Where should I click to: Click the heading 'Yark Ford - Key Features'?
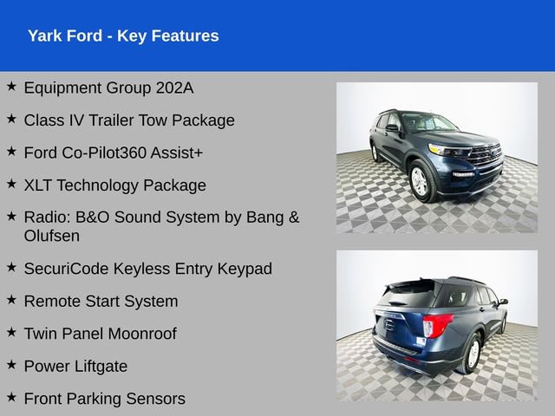click(123, 36)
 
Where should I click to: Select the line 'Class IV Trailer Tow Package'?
click(129, 120)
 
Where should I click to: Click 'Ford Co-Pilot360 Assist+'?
click(114, 153)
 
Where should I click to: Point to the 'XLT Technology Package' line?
click(115, 185)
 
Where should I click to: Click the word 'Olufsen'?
click(52, 236)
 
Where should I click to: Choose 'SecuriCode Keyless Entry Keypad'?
click(148, 269)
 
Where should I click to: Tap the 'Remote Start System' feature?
click(101, 302)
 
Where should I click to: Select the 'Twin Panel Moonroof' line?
click(100, 334)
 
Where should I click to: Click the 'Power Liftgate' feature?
click(75, 367)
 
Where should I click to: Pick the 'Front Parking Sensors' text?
click(104, 399)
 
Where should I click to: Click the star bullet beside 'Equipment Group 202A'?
click(11, 87)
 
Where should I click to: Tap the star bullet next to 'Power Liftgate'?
click(11, 366)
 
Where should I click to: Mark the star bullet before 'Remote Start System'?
click(11, 301)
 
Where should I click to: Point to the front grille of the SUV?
click(486, 155)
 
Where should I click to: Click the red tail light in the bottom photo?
click(437, 325)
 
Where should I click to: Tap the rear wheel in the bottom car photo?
click(473, 353)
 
